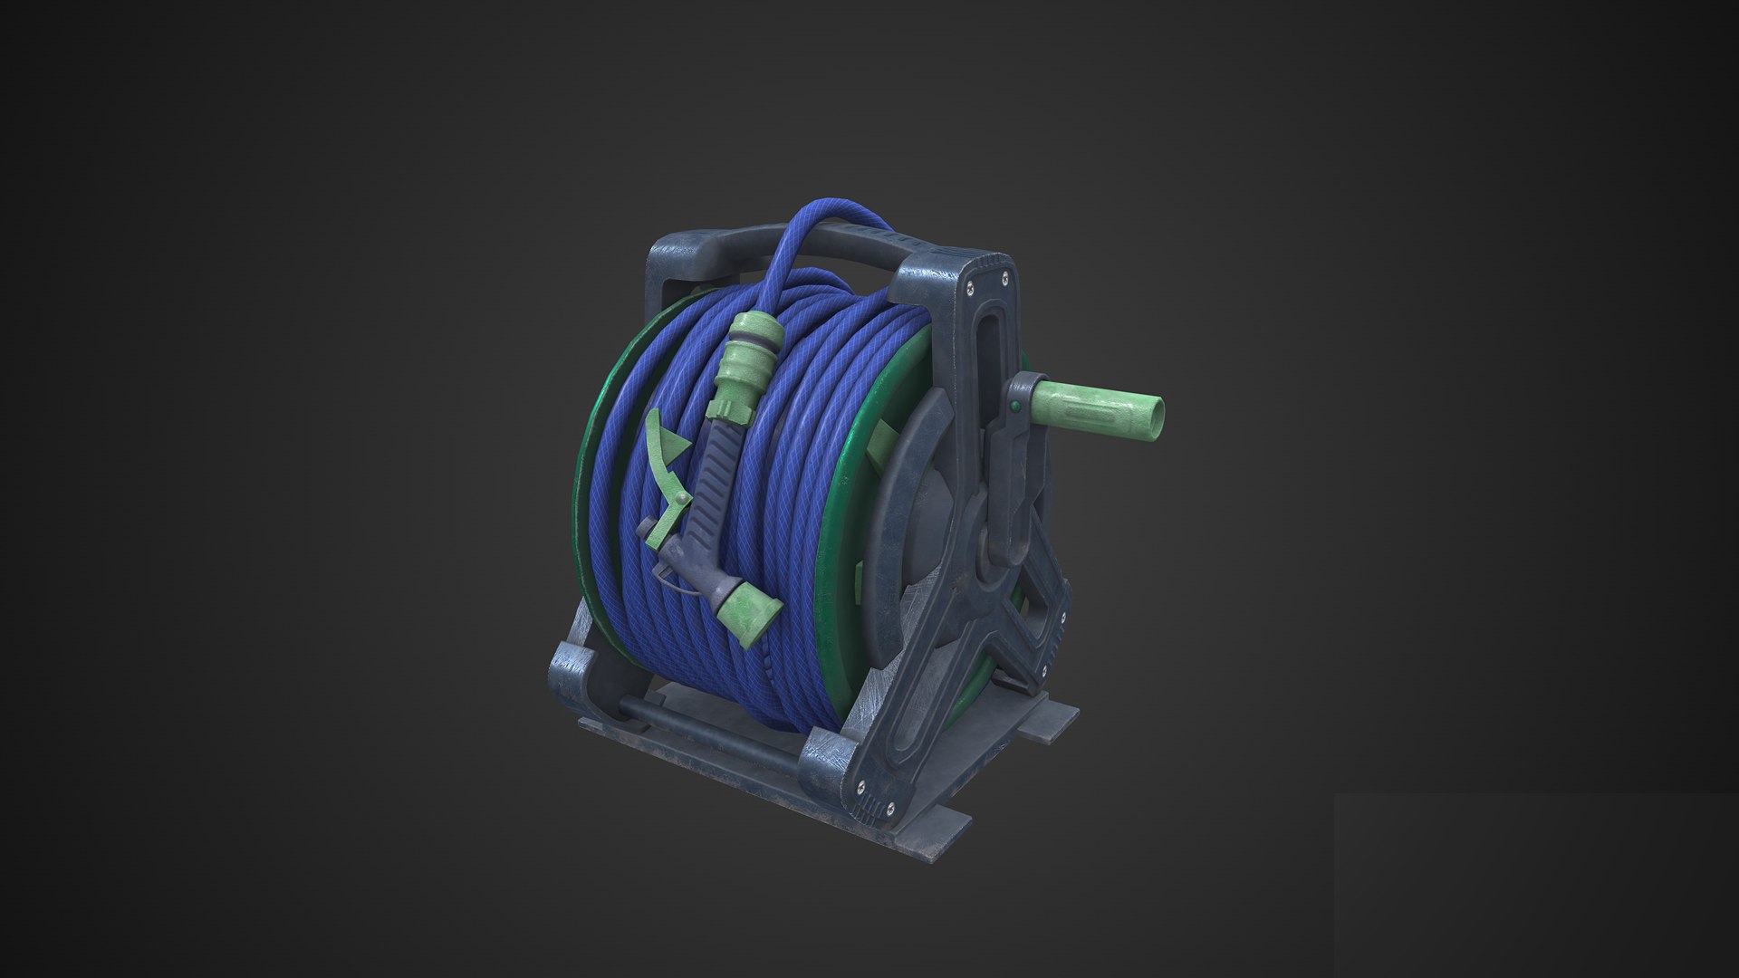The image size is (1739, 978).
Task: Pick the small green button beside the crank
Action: [x=1015, y=406]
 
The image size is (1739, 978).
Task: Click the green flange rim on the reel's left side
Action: [x=584, y=471]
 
